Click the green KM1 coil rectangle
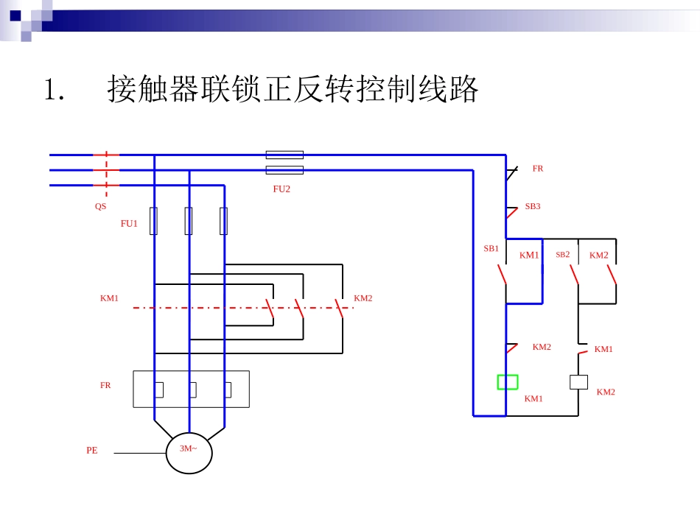point(507,382)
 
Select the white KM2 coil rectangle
point(578,382)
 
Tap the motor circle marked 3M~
point(189,449)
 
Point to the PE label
point(91,451)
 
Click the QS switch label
point(100,207)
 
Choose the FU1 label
point(129,224)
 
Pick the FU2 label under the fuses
point(281,189)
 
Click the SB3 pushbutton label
point(532,206)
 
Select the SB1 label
point(491,249)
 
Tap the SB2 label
point(562,255)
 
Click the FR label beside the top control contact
point(538,169)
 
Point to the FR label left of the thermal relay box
point(105,385)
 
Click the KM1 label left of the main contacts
point(109,298)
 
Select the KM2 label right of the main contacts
point(363,298)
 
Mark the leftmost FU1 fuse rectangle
point(153,221)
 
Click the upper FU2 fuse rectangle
point(284,155)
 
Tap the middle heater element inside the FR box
point(192,390)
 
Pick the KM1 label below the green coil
point(533,399)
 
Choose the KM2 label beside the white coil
point(605,392)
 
